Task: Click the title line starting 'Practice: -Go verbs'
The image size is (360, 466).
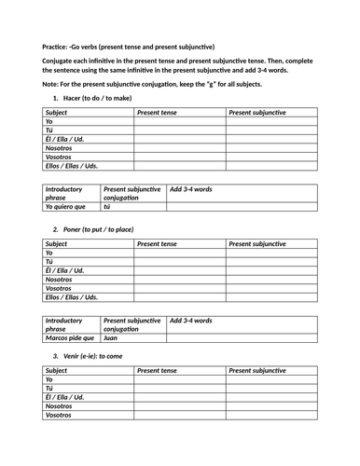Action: coord(129,47)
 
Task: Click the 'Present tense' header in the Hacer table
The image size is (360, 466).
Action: coord(157,112)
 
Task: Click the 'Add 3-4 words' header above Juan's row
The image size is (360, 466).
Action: coord(191,321)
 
